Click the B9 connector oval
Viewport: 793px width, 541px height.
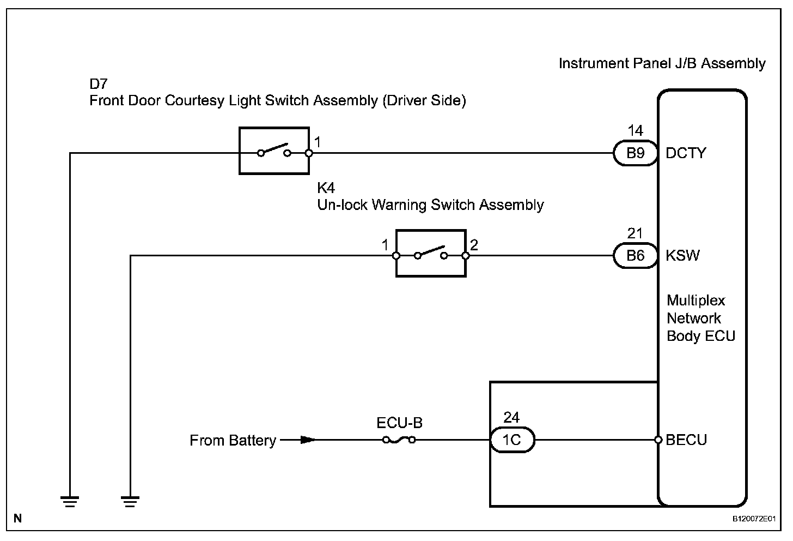[x=635, y=153]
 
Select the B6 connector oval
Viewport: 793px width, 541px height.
[x=635, y=256]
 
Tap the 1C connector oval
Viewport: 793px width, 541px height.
[x=512, y=440]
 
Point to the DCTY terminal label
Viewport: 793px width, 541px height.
[x=686, y=153]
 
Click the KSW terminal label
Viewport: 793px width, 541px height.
[x=683, y=256]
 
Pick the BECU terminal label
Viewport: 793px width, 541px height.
[x=686, y=440]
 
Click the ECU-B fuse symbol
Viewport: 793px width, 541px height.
[x=399, y=440]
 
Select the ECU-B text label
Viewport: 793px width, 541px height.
[x=399, y=423]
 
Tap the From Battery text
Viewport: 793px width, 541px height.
[x=233, y=440]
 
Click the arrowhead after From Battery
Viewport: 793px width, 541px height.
[x=308, y=440]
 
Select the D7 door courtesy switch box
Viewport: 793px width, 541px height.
[x=274, y=151]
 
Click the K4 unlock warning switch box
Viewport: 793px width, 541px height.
[x=431, y=254]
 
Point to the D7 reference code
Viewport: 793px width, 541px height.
[x=99, y=84]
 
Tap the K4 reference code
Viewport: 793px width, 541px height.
[x=326, y=188]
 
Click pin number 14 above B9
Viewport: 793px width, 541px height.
[x=635, y=131]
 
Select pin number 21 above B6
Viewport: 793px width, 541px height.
[x=635, y=233]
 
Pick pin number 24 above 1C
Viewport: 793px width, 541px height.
[x=511, y=417]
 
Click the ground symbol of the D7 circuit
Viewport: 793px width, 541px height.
[x=70, y=501]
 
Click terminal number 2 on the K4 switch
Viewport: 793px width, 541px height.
[x=474, y=245]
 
